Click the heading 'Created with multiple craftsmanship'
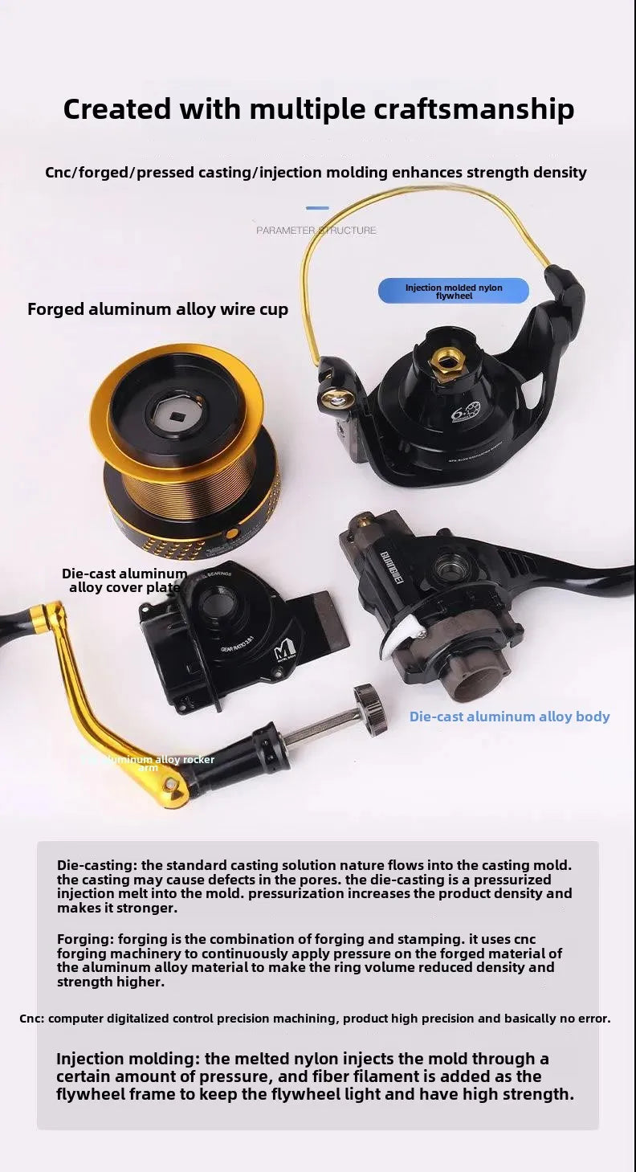318,108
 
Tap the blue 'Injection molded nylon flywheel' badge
453,292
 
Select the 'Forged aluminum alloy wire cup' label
157,309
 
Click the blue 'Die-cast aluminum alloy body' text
509,717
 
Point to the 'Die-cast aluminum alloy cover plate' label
124,580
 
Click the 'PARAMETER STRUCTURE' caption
316,231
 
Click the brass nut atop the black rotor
445,361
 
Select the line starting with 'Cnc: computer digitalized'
314,1019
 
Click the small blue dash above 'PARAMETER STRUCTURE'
317,208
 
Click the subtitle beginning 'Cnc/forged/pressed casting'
316,173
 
